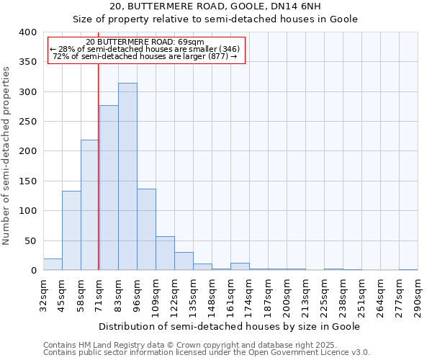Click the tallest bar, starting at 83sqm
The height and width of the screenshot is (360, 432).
pos(127,176)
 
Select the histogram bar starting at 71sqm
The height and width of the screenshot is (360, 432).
pos(109,188)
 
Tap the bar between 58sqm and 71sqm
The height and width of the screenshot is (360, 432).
pos(90,205)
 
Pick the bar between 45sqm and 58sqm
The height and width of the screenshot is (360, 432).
pos(71,230)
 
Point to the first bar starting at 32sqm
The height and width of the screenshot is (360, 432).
pos(53,264)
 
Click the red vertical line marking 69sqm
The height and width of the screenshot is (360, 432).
pos(98,180)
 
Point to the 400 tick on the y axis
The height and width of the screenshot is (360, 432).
pos(27,32)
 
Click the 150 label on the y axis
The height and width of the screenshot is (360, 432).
pos(27,181)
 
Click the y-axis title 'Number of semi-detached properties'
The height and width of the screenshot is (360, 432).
pos(7,156)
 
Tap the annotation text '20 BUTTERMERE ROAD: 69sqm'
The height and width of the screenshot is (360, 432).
pos(145,42)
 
